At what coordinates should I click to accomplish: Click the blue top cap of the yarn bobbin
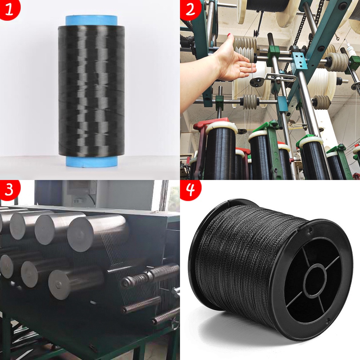91,20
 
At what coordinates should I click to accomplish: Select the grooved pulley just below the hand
250,101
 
